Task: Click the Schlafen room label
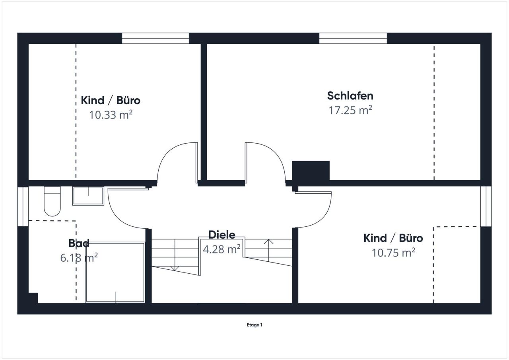350,96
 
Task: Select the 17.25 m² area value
350,110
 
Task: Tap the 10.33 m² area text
111,115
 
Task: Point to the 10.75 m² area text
393,252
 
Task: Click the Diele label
222,235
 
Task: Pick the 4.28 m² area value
221,249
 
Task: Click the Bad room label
79,243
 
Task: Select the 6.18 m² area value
79,258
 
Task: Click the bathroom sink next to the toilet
88,196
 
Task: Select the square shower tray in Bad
115,272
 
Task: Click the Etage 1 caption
254,325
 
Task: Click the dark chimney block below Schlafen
311,171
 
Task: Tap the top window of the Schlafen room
353,38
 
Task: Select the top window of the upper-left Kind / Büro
155,38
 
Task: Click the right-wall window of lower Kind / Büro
486,206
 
